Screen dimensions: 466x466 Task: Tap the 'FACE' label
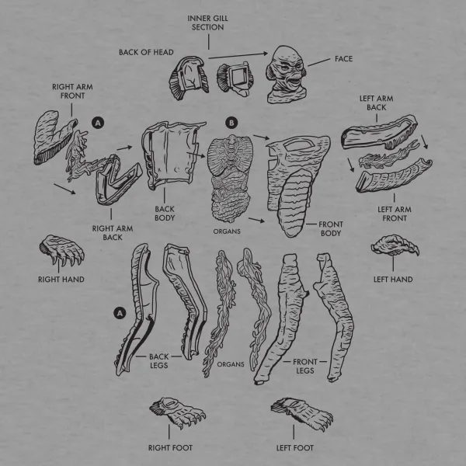click(x=343, y=59)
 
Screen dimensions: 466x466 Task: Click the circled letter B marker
click(x=231, y=123)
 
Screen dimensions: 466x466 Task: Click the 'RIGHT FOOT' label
click(x=170, y=447)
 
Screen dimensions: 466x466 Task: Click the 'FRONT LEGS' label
click(x=304, y=366)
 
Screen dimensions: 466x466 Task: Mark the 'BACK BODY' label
click(x=165, y=214)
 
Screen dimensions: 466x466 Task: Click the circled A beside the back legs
click(x=120, y=312)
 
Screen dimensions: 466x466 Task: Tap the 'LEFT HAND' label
click(x=393, y=279)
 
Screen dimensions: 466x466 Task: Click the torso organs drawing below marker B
click(x=230, y=175)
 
